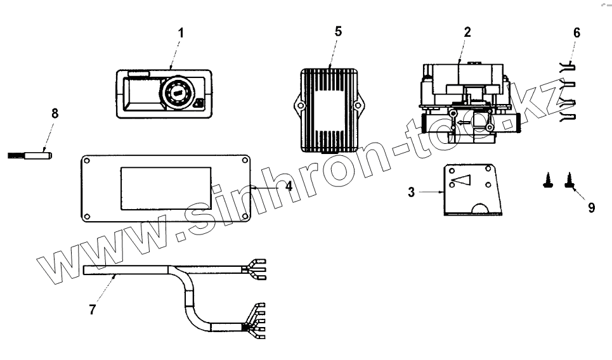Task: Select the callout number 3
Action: (412, 192)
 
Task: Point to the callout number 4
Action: (289, 187)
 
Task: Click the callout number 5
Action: (338, 31)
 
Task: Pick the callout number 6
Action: (576, 31)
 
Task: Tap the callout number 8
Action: (55, 113)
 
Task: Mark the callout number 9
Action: (591, 207)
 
